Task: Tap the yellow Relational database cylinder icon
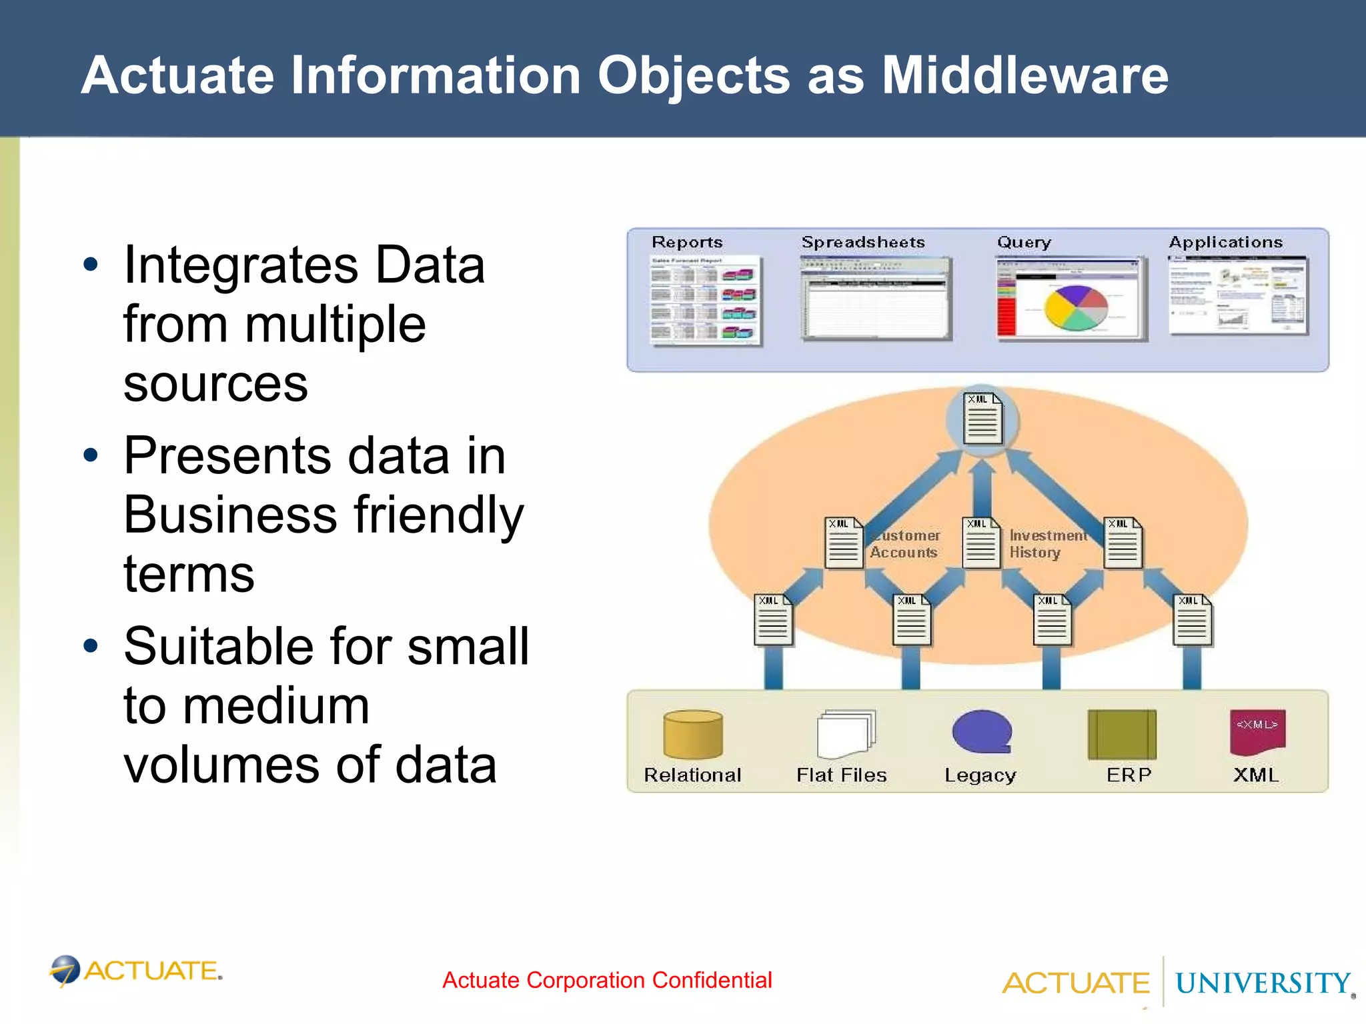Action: click(693, 735)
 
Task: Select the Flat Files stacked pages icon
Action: click(845, 733)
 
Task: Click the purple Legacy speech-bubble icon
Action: click(982, 732)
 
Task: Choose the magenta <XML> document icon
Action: click(1257, 732)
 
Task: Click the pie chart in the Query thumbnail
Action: click(1075, 308)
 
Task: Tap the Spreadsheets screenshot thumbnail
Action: click(875, 299)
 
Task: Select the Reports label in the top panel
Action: click(687, 242)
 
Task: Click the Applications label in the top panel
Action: click(1226, 242)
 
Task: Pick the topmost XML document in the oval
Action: click(982, 419)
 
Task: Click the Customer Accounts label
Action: click(905, 544)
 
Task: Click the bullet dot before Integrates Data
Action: click(91, 265)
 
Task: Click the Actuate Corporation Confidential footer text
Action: click(607, 980)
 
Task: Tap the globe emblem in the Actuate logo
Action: click(65, 970)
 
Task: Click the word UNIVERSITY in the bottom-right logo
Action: click(1262, 983)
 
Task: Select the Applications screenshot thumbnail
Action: click(1238, 297)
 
